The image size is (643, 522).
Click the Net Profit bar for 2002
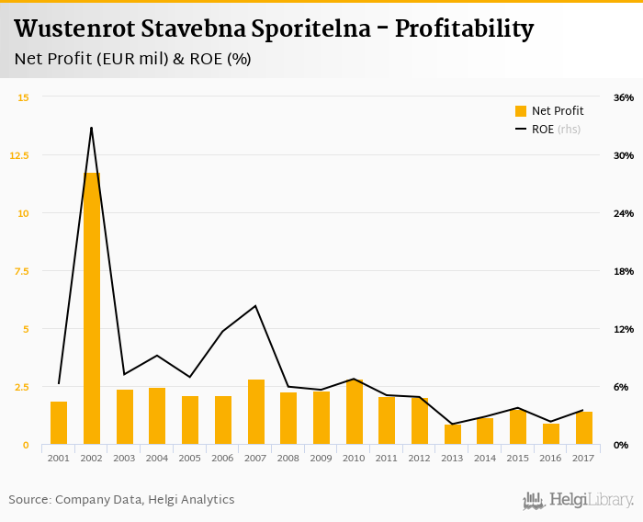[x=92, y=309]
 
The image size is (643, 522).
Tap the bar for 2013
[x=453, y=434]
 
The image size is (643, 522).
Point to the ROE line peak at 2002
[x=92, y=128]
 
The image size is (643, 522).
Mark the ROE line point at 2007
[x=256, y=306]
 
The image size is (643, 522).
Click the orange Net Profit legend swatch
[x=521, y=111]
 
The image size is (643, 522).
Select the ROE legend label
[x=543, y=130]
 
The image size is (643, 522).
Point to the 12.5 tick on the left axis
[x=19, y=155]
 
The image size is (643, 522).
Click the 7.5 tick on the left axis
[x=19, y=271]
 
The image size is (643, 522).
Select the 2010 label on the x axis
[x=355, y=458]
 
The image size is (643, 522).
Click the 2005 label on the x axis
[x=190, y=458]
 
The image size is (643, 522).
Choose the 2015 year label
[x=518, y=458]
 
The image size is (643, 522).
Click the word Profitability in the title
[x=464, y=28]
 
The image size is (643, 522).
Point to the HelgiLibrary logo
[x=579, y=500]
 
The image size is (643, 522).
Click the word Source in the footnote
[x=28, y=500]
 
